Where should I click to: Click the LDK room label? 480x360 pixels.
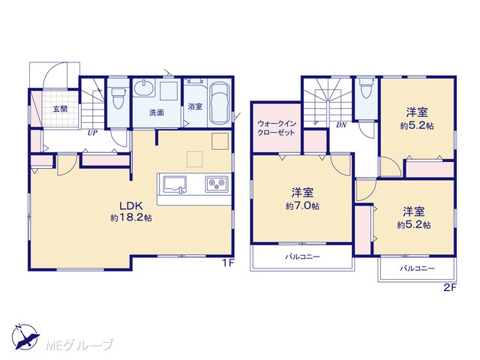[x=131, y=205]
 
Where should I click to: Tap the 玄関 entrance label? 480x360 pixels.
[x=60, y=109]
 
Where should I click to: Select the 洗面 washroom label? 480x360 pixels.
[x=157, y=112]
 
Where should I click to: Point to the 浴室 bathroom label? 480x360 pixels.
[x=195, y=106]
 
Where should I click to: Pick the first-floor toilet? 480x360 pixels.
[x=118, y=97]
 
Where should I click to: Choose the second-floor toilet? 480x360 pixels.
[x=366, y=88]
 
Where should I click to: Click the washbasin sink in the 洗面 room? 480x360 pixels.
[x=143, y=88]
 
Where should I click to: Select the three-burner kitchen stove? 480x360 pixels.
[x=217, y=184]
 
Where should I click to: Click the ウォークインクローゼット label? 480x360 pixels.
[x=277, y=128]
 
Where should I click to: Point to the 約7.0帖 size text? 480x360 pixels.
[x=302, y=206]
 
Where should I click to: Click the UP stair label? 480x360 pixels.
[x=92, y=133]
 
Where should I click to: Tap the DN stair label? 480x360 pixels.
[x=341, y=125]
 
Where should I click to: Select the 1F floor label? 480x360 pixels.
[x=228, y=263]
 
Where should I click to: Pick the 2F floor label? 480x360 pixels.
[x=450, y=288]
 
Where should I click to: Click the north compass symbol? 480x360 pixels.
[x=25, y=336]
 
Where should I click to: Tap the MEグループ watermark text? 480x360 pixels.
[x=79, y=345]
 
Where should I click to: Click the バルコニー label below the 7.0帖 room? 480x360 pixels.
[x=302, y=256]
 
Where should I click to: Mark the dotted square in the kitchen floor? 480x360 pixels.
[x=195, y=159]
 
